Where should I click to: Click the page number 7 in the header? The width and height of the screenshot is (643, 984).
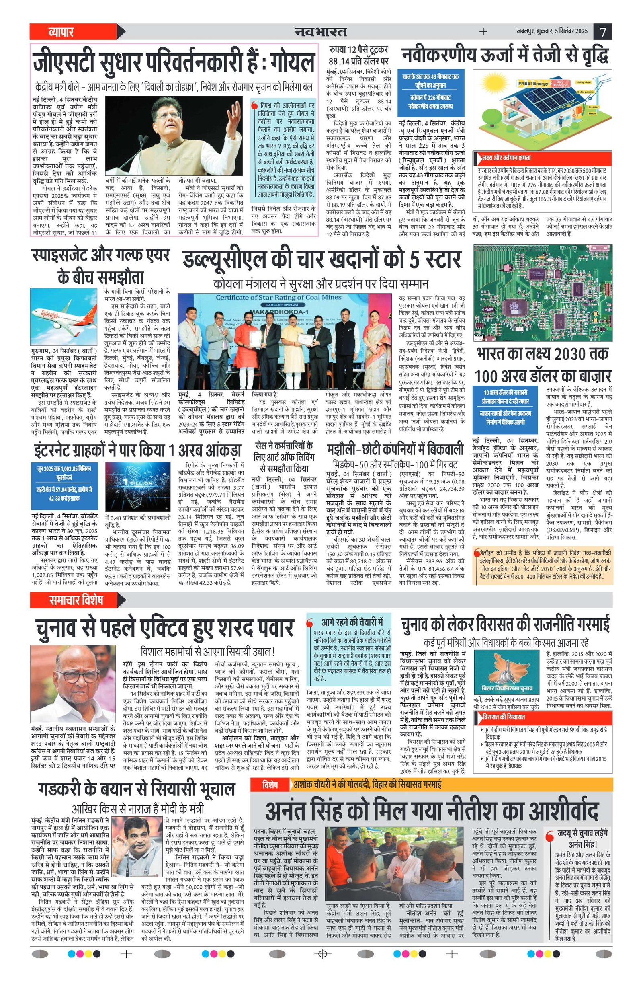(602, 31)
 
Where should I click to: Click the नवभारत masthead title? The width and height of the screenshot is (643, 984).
(321, 31)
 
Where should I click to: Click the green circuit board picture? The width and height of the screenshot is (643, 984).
(543, 292)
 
